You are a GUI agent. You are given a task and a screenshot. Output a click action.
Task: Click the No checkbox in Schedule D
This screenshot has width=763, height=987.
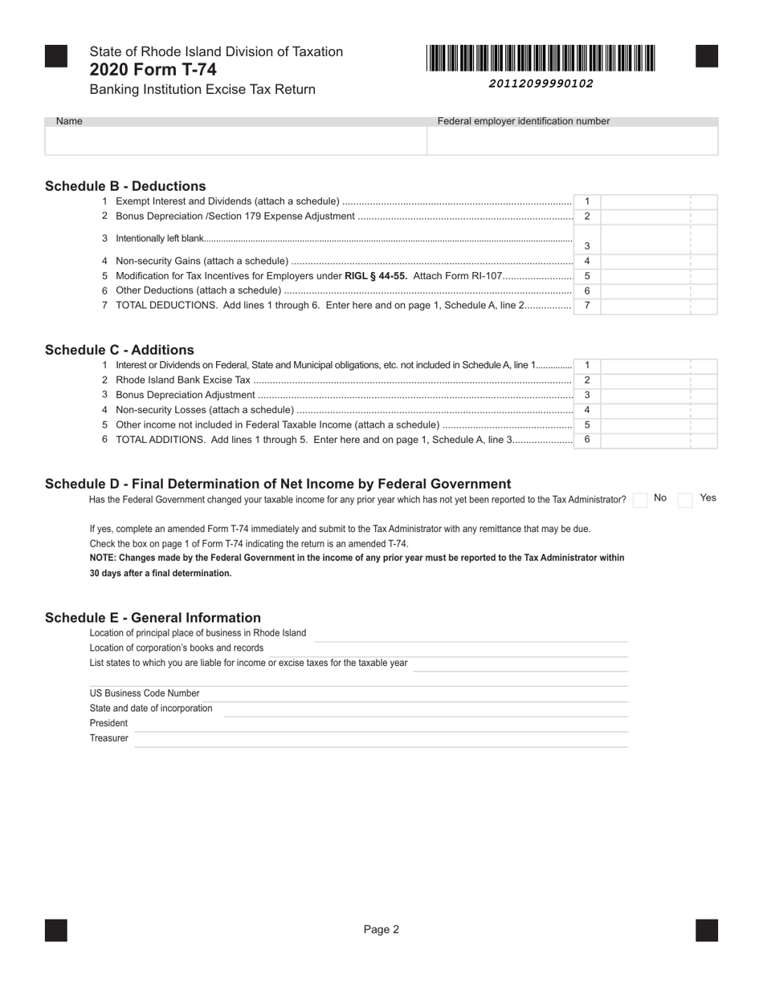click(x=640, y=500)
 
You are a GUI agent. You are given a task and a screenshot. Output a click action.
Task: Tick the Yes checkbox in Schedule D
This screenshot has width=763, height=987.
click(x=685, y=500)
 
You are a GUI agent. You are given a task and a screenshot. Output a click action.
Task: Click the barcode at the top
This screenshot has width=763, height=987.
click(x=541, y=59)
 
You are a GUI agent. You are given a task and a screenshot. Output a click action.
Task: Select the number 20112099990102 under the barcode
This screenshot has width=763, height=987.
click(x=541, y=83)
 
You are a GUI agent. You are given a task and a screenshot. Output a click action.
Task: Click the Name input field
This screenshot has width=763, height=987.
click(x=235, y=140)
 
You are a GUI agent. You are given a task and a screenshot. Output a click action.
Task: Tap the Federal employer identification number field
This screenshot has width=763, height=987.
click(x=572, y=140)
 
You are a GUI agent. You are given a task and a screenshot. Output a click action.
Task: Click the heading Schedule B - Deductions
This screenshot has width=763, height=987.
click(x=125, y=186)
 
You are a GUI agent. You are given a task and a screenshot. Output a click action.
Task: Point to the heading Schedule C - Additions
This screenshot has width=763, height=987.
click(x=120, y=350)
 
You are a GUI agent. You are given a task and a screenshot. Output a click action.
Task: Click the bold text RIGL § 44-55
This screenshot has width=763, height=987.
click(x=376, y=276)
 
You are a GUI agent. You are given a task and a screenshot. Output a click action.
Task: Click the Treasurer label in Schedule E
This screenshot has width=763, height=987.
click(x=108, y=738)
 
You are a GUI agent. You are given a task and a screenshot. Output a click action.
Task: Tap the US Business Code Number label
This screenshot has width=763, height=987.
click(x=145, y=693)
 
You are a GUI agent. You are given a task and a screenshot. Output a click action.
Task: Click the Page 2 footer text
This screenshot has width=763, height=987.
click(x=381, y=930)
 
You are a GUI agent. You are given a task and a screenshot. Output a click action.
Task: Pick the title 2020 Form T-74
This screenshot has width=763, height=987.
click(x=153, y=70)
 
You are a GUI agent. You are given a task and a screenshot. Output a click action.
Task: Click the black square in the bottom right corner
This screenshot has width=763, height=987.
click(x=707, y=930)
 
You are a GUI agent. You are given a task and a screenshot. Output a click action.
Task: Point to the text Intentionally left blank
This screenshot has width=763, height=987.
click(x=160, y=238)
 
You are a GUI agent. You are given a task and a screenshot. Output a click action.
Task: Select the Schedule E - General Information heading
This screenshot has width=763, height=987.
click(x=153, y=618)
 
